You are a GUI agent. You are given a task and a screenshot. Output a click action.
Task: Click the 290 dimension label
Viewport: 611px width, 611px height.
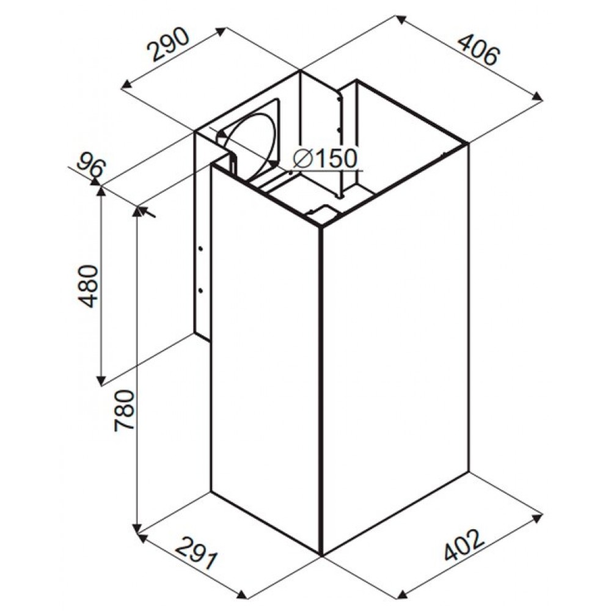(x=168, y=45)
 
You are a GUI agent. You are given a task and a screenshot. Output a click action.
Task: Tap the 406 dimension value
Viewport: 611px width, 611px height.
(x=477, y=49)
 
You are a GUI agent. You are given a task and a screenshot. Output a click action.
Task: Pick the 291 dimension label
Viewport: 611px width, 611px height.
(x=196, y=551)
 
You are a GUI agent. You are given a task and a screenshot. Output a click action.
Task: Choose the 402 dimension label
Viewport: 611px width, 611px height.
(x=464, y=544)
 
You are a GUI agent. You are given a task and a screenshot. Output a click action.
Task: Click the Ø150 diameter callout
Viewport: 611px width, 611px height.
(x=326, y=159)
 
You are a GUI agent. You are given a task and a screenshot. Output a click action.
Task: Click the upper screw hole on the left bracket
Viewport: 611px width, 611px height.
(x=200, y=249)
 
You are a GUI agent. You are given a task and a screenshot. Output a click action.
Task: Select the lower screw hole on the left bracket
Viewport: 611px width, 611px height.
(x=200, y=290)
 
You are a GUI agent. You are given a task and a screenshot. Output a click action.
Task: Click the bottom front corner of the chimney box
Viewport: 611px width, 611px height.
(x=321, y=555)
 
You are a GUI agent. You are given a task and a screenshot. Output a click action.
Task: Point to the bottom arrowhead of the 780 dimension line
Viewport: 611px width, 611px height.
(x=136, y=529)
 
